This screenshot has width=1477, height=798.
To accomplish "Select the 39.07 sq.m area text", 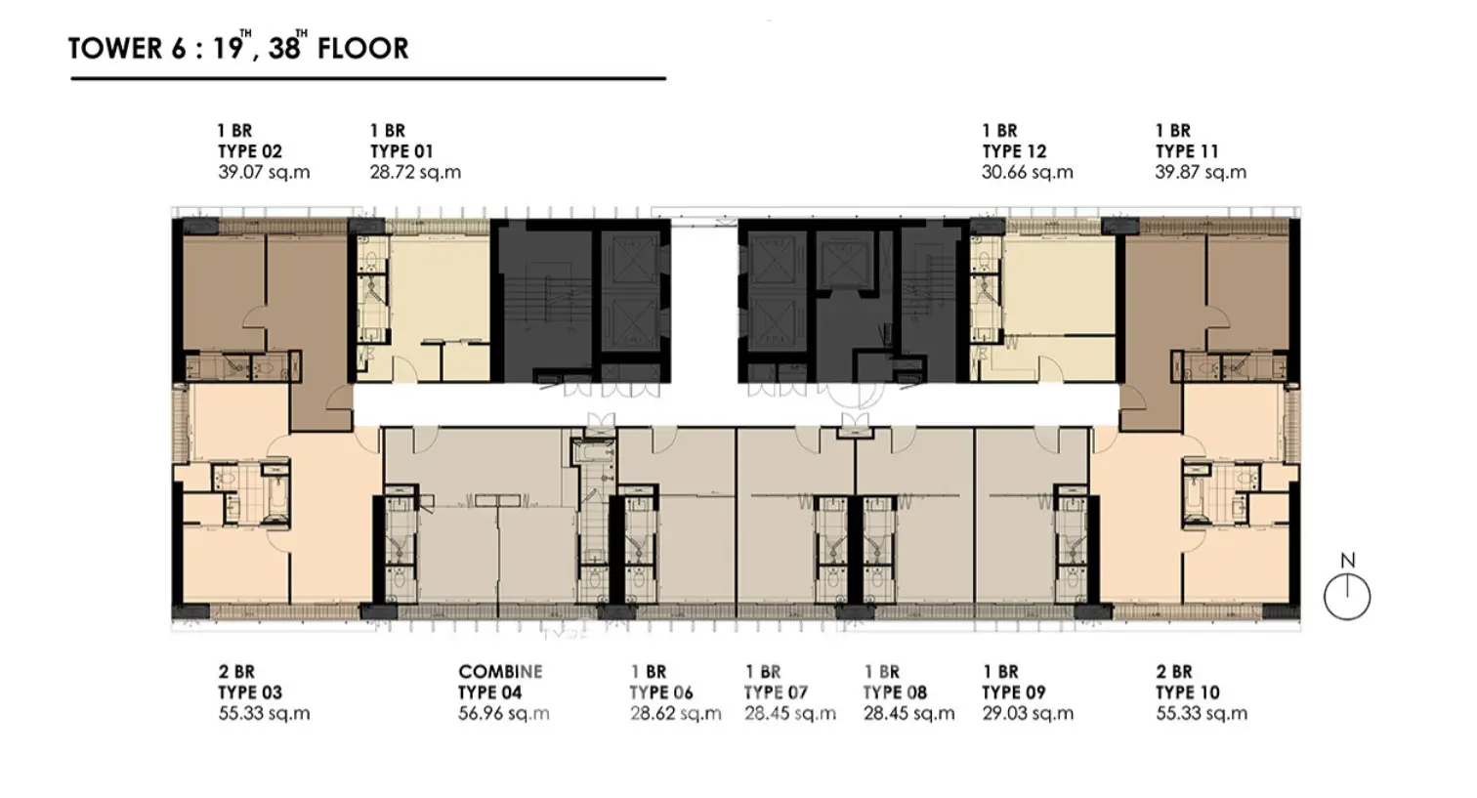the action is click(264, 172).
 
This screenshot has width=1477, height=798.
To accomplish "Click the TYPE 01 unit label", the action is click(401, 151).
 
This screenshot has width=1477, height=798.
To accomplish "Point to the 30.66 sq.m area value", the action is click(1028, 172).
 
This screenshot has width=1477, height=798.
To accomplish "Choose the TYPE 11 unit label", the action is click(1187, 151).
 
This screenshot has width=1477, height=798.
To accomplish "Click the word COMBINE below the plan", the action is click(500, 671).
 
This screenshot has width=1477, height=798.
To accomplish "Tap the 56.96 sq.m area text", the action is click(504, 714).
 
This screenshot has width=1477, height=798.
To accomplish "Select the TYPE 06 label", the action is click(661, 693).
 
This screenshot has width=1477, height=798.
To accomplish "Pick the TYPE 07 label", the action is click(776, 693).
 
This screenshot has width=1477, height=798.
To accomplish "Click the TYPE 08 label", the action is click(896, 693).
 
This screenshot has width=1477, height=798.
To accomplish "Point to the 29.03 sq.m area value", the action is click(1028, 714).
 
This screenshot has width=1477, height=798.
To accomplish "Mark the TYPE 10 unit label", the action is click(1188, 693).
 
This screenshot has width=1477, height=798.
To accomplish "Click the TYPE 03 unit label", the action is click(250, 693).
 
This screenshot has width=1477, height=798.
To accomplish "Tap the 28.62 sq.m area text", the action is click(676, 714).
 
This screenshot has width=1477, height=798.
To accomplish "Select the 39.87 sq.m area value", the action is click(1201, 172).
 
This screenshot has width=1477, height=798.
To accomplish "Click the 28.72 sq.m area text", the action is click(415, 172).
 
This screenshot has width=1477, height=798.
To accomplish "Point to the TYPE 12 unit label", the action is click(1014, 151).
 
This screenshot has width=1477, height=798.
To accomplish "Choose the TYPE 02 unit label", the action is click(250, 151).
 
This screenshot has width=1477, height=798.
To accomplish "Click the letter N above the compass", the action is click(1348, 561).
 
